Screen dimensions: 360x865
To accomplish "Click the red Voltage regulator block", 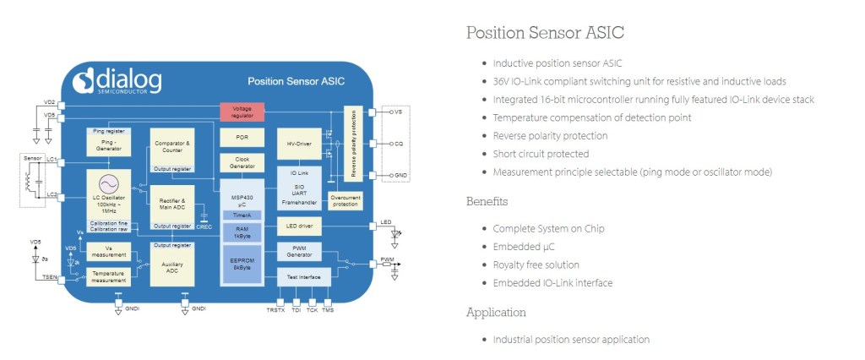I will tap(242, 111).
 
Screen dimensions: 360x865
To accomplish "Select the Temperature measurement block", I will tap(108, 275).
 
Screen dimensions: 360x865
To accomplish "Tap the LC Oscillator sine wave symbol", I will tap(108, 183).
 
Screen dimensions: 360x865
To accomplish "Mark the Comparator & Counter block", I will tap(171, 147).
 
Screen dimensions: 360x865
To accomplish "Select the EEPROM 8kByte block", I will tap(242, 262).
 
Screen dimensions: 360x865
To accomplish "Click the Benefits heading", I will tap(487, 201).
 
